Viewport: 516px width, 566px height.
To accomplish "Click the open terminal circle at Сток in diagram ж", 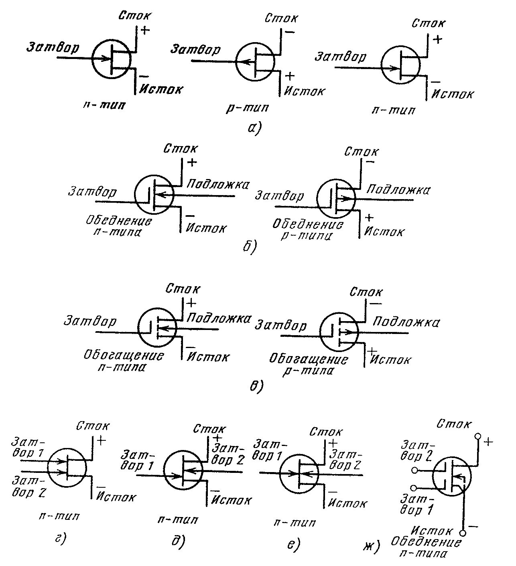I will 477,436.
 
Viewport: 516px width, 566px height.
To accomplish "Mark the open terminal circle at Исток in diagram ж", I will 463,533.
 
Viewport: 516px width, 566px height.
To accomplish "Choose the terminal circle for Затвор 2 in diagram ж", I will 414,470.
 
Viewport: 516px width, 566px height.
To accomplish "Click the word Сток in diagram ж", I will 453,423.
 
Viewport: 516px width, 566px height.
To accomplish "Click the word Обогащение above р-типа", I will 308,358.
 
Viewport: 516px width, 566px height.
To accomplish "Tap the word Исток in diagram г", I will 116,498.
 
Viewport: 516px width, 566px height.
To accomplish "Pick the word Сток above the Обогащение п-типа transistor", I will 183,289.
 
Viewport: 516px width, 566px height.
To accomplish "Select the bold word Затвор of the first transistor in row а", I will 53,47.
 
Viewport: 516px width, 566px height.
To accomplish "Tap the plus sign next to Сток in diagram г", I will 101,440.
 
